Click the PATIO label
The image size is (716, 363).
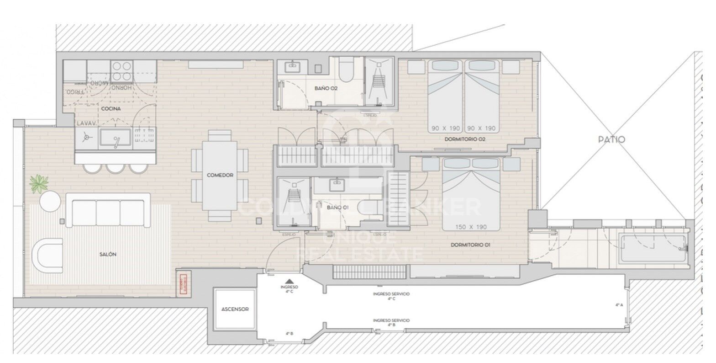coord(611,139)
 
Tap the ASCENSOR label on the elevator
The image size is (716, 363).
coord(235,309)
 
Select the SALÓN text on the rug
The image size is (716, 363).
coord(107,254)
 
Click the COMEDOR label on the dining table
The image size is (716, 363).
coord(220,175)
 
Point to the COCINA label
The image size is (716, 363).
coord(111,108)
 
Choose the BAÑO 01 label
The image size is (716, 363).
coord(338,207)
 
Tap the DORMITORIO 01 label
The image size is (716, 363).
coord(470,245)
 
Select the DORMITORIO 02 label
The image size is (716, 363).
coord(464,139)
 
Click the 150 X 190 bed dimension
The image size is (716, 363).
coord(471,227)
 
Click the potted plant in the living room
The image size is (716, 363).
coord(39,183)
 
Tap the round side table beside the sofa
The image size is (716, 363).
coord(50,202)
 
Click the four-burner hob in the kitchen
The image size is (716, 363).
coord(122,71)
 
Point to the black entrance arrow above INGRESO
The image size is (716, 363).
coord(289,281)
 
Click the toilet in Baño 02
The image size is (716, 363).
coord(347,71)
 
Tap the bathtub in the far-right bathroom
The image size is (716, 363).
coord(652,248)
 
